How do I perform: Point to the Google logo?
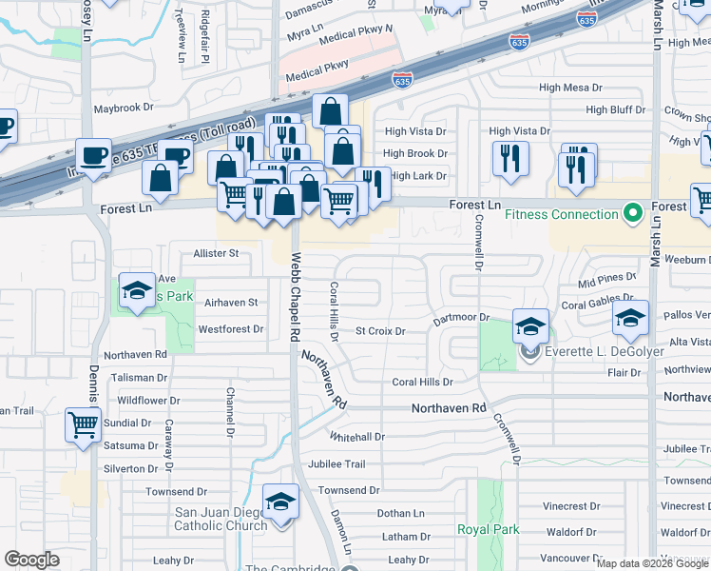pos(31,560)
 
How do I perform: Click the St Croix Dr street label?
pos(380,331)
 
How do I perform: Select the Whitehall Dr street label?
pos(356,437)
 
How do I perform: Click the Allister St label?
pos(216,254)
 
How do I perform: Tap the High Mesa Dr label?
pos(570,87)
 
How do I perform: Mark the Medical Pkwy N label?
pos(355,37)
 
